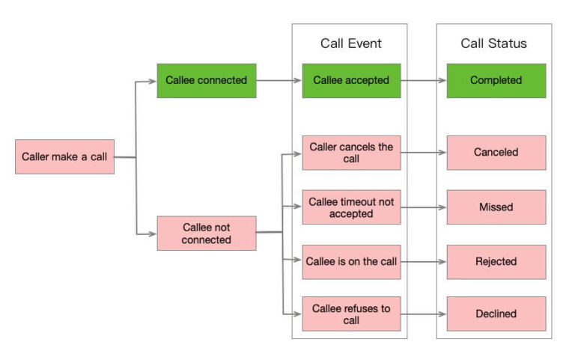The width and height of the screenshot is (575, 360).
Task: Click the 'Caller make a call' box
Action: pos(64,156)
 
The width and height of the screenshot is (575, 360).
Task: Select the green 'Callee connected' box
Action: pos(206,80)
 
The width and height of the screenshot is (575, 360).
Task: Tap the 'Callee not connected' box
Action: pos(206,233)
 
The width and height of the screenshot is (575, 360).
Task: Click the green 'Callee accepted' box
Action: pos(350,80)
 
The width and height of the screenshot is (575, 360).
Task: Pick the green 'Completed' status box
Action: pos(496,80)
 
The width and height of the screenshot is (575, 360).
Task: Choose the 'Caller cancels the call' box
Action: pos(350,153)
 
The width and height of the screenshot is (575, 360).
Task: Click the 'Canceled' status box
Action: pos(496,153)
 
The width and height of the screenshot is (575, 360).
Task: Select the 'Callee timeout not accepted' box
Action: pos(350,207)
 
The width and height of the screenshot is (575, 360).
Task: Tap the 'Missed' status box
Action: pos(496,207)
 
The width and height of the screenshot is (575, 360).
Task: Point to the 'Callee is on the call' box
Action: pos(350,262)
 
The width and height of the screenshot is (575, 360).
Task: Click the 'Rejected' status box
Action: pos(496,262)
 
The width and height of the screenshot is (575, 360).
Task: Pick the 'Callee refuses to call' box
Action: pos(350,314)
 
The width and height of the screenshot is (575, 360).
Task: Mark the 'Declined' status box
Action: pos(496,314)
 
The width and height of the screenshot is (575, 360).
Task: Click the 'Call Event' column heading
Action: pos(350,43)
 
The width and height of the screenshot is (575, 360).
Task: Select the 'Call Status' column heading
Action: pos(493,43)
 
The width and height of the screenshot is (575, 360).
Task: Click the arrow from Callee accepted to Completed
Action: pos(423,81)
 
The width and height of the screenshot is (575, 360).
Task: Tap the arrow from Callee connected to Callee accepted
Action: pos(279,81)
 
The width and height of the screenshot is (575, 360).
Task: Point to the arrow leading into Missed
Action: pos(423,207)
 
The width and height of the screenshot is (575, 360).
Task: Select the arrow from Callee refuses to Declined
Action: pos(423,314)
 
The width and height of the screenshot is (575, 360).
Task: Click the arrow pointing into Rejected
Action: pos(423,262)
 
